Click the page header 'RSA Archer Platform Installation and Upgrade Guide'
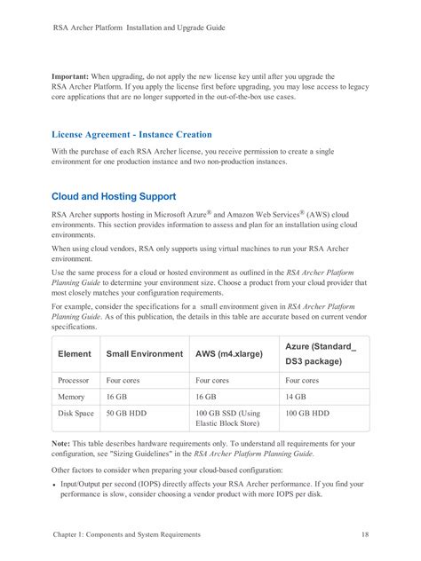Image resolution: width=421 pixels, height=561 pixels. (139, 28)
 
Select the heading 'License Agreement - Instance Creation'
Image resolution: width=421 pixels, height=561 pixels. (131, 135)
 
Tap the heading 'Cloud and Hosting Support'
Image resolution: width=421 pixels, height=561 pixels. (113, 195)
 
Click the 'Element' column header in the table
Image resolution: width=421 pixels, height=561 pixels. (75, 353)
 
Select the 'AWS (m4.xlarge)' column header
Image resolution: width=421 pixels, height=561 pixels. (228, 353)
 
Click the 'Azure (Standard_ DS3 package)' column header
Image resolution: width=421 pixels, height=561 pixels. (320, 353)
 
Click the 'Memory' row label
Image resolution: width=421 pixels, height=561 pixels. (72, 397)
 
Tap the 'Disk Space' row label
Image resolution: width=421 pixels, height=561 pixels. (75, 414)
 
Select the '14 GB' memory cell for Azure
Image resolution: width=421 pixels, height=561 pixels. (296, 397)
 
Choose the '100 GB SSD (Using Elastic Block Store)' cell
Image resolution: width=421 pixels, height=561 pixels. (227, 419)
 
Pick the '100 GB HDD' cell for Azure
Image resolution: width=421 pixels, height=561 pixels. (307, 414)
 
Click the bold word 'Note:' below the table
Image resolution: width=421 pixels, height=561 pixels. (62, 443)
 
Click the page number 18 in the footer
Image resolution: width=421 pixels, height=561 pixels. (366, 534)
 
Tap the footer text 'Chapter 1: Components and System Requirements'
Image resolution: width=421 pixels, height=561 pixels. (126, 534)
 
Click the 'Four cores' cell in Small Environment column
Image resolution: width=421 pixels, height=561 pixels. (125, 379)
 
